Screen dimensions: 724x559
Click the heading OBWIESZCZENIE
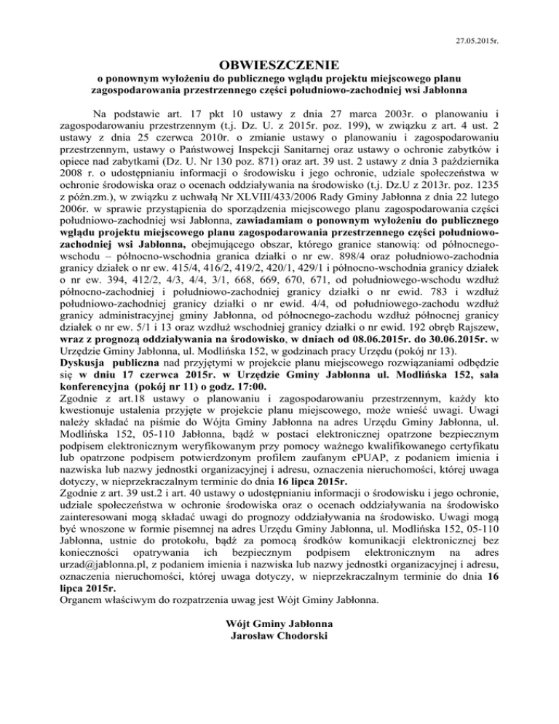279,64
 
